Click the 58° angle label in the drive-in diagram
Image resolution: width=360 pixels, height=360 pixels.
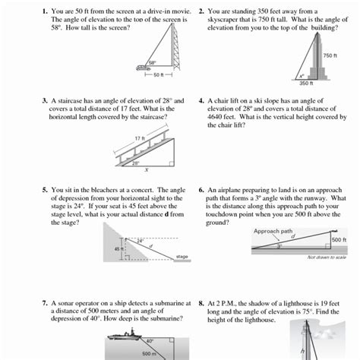[152, 62]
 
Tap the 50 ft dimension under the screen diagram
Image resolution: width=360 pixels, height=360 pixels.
[157, 75]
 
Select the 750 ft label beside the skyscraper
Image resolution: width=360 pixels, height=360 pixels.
[329, 56]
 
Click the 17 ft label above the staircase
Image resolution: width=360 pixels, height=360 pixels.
[139, 137]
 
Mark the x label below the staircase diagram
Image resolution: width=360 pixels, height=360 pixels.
[146, 170]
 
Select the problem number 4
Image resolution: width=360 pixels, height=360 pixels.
[201, 100]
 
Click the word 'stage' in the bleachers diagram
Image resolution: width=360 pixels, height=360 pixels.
[182, 257]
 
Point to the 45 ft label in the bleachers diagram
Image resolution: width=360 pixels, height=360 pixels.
[117, 248]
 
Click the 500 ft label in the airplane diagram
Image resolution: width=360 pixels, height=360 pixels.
[339, 240]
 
